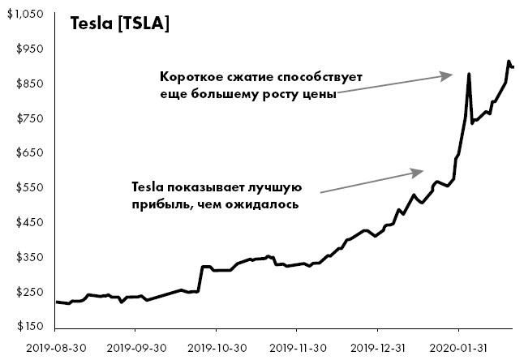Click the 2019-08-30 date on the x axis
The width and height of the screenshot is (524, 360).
pyautogui.click(x=54, y=347)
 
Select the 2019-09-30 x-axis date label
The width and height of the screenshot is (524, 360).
pyautogui.click(x=135, y=347)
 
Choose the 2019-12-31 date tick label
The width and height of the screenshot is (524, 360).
pyautogui.click(x=377, y=347)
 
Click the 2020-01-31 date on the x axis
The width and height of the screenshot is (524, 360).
pyautogui.click(x=458, y=347)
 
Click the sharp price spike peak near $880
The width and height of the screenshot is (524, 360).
pyautogui.click(x=469, y=75)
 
